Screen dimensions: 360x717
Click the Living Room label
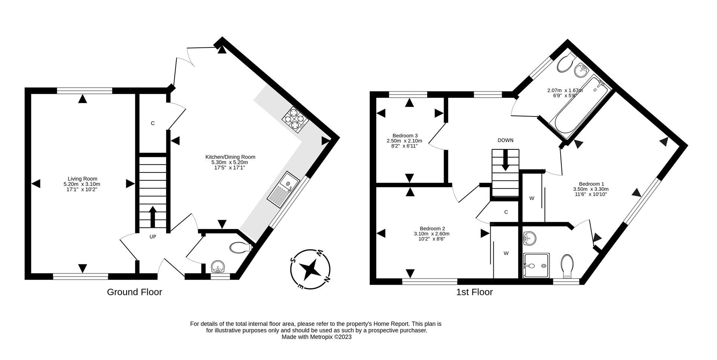coord(82,184)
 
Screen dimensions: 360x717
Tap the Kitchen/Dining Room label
coord(230,162)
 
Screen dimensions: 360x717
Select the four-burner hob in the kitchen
coord(295,119)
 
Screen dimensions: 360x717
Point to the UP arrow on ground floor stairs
coord(153,217)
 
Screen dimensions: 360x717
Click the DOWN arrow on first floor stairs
coord(505,160)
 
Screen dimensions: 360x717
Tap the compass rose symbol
coord(310,269)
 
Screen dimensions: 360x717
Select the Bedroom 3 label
coord(404,140)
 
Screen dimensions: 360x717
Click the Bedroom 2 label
coord(432,233)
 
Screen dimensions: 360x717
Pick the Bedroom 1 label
coord(591,189)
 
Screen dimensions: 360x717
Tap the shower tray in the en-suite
coord(537,266)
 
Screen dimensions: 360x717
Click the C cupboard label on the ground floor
coord(153,123)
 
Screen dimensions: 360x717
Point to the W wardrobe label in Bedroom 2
coord(506,253)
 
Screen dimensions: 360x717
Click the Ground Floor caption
coord(134,292)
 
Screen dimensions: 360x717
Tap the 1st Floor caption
coord(474,292)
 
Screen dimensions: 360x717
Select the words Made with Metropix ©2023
coord(316,337)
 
